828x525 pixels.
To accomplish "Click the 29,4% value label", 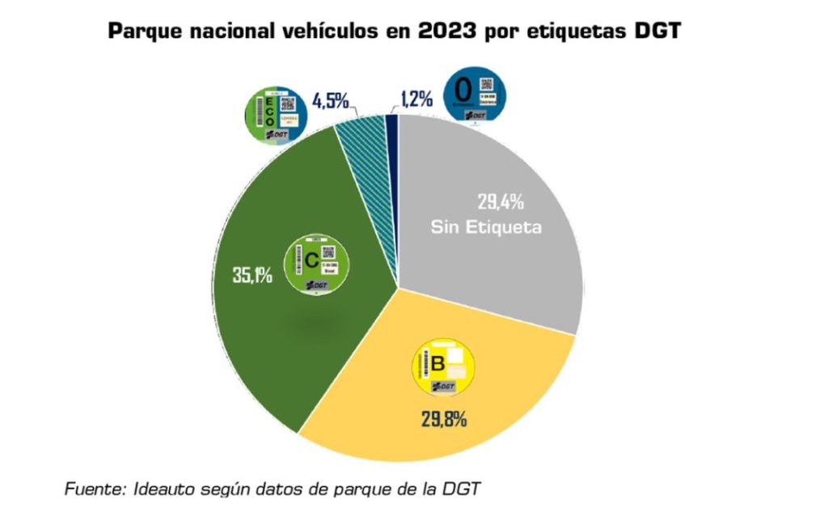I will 500,202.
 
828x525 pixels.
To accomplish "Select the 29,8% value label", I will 443,420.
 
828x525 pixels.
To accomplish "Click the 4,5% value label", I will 330,101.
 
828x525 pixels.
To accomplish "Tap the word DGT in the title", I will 658,32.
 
